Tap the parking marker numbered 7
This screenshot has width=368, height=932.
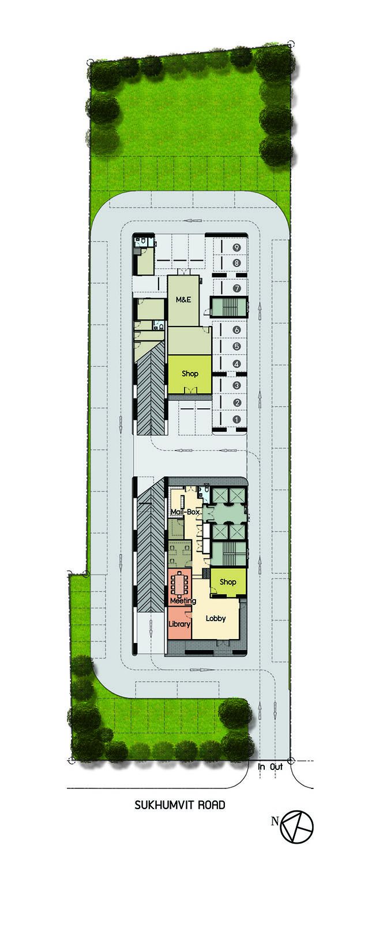236,288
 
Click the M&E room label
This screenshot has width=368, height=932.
183,299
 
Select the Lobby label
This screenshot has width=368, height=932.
216,618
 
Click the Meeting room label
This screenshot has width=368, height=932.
183,601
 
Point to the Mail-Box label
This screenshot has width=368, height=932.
185,512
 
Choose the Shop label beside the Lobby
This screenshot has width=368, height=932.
228,582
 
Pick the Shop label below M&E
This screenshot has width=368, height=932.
190,373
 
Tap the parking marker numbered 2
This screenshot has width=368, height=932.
236,403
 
